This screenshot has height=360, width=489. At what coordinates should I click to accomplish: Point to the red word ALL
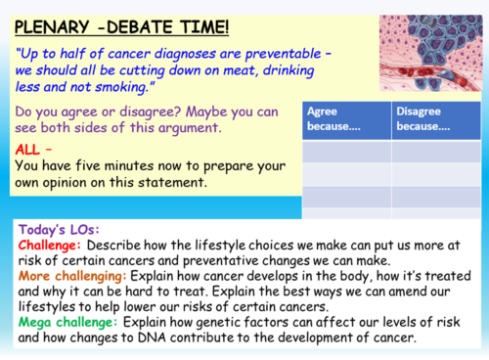(29, 150)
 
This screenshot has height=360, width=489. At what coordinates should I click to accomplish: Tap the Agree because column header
(345, 118)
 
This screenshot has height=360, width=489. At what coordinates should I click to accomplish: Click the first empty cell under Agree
(345, 152)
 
